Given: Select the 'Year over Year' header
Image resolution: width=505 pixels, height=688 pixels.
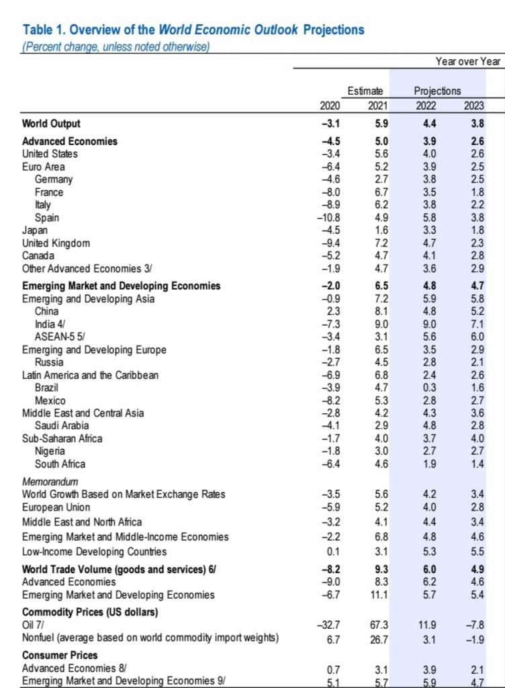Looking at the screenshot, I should [468, 61].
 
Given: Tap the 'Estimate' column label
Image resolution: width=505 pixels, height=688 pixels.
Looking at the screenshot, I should [365, 91].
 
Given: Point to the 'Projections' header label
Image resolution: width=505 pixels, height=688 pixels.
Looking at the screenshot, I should [437, 91].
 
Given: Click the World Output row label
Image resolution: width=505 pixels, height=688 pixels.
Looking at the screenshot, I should [51, 124].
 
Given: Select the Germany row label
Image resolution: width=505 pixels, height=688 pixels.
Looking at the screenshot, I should [54, 179].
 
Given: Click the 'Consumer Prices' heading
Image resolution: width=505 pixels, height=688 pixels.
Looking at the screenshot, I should [60, 655].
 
